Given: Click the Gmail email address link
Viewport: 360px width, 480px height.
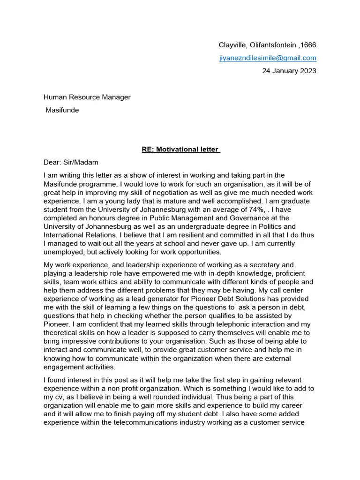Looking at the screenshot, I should point(268,58).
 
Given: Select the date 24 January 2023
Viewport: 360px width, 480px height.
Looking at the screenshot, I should point(289,71).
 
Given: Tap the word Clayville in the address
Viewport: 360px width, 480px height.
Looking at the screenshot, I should point(232,45).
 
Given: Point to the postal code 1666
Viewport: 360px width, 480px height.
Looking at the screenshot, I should point(308,45).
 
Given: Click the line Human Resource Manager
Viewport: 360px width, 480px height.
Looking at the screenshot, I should point(87,97).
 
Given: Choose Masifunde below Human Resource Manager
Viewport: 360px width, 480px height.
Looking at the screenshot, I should point(62,110).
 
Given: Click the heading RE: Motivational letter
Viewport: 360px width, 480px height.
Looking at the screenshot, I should point(181,150).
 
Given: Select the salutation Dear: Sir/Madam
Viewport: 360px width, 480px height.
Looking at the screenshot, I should point(71,163).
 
